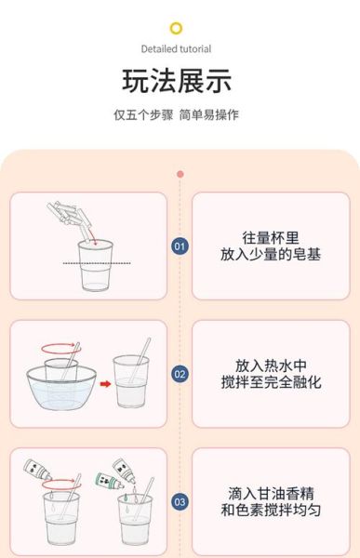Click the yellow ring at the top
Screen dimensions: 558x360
(x=177, y=29)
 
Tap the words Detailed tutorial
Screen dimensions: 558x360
(x=177, y=48)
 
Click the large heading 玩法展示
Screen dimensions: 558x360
(x=177, y=82)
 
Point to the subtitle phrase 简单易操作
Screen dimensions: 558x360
(x=209, y=115)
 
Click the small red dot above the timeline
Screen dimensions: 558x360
(x=180, y=174)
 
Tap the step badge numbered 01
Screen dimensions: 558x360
(x=180, y=246)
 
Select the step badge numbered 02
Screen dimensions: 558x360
(x=180, y=375)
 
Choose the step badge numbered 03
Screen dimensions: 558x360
(x=180, y=502)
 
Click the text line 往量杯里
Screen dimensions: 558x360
(x=271, y=237)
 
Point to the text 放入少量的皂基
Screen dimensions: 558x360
(x=271, y=254)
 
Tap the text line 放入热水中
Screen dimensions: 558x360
(x=271, y=365)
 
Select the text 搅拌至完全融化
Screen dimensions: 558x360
(x=271, y=382)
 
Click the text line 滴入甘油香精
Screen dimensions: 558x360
(x=271, y=493)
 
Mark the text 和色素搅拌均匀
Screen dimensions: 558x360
(x=271, y=511)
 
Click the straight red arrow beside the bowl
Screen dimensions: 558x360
(x=105, y=382)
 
